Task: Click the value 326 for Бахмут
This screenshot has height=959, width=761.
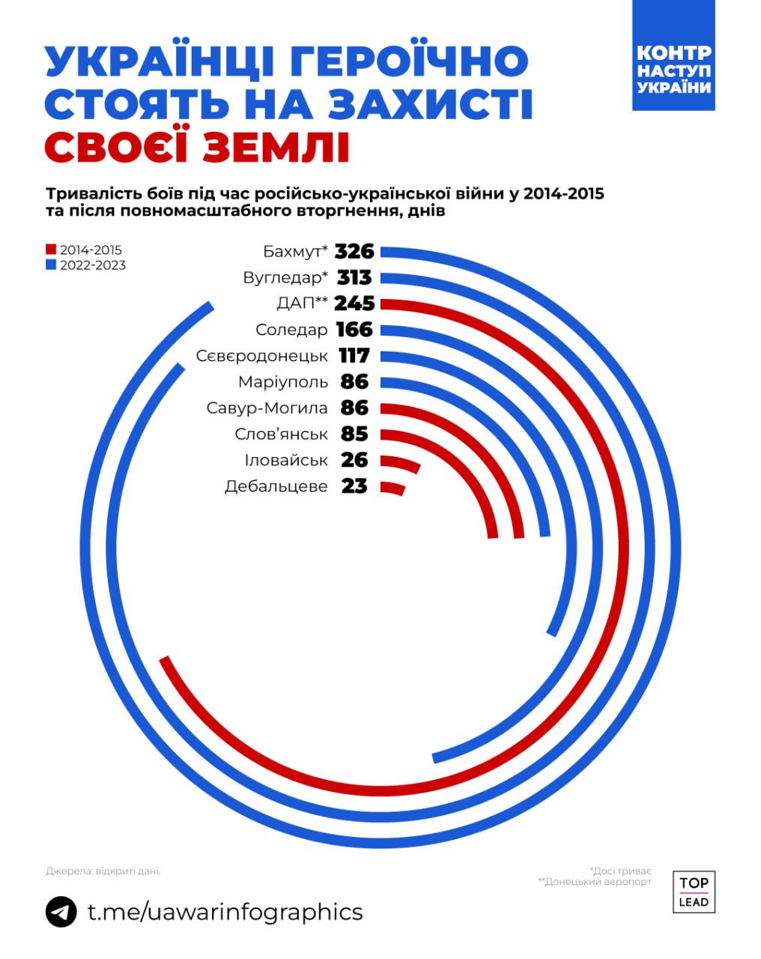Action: pyautogui.click(x=354, y=251)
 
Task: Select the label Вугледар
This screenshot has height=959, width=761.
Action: pyautogui.click(x=285, y=277)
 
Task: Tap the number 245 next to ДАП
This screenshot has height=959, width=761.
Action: pyautogui.click(x=354, y=303)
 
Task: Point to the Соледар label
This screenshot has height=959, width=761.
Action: pyautogui.click(x=291, y=330)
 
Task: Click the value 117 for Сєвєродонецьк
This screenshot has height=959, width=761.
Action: pyautogui.click(x=354, y=356)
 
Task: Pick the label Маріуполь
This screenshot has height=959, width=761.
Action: pyautogui.click(x=283, y=382)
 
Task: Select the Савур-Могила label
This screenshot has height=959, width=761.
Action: pyautogui.click(x=267, y=408)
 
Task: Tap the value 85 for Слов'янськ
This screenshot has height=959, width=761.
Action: pyautogui.click(x=354, y=434)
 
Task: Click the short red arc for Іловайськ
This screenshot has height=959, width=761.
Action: pyautogui.click(x=401, y=463)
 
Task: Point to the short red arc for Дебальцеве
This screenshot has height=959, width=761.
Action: pyautogui.click(x=394, y=488)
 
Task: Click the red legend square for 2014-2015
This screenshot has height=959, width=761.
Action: pyautogui.click(x=51, y=249)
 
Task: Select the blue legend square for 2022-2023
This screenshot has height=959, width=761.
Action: pyautogui.click(x=51, y=265)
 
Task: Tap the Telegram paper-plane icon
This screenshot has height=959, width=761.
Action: pyautogui.click(x=61, y=912)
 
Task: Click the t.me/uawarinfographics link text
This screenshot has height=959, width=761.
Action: pyautogui.click(x=225, y=912)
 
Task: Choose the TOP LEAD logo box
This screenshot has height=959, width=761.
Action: pyautogui.click(x=694, y=892)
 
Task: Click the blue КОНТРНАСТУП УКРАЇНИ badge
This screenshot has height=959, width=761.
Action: pyautogui.click(x=673, y=55)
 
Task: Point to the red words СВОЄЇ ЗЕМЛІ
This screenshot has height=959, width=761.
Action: pyautogui.click(x=197, y=148)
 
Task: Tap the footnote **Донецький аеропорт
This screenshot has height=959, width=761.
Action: pyautogui.click(x=595, y=882)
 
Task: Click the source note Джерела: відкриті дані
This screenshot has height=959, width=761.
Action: pyautogui.click(x=103, y=871)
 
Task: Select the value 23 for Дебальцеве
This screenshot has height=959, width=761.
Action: pyautogui.click(x=354, y=486)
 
